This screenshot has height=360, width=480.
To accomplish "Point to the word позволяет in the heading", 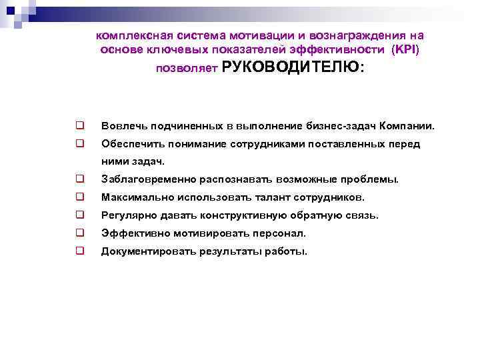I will click(x=182, y=69).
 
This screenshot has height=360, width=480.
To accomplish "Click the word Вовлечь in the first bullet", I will click(x=122, y=125).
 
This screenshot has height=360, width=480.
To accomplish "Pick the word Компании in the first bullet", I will click(x=410, y=125).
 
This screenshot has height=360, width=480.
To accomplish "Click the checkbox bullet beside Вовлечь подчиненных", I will click(x=79, y=125).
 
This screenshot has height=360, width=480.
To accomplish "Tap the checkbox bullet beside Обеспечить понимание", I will click(x=79, y=143).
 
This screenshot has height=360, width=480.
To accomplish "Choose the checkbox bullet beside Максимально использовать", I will click(x=79, y=197).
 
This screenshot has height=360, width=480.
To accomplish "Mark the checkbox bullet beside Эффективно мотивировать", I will click(x=79, y=233).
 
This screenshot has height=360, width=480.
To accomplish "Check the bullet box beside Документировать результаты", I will click(x=79, y=251).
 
